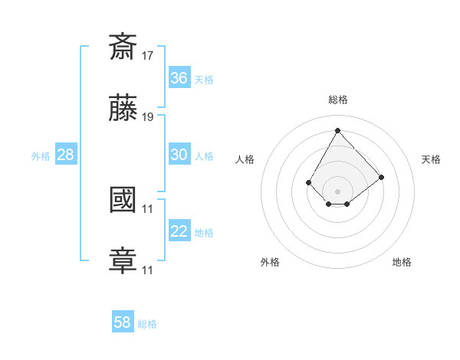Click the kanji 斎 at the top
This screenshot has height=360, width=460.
(123, 47)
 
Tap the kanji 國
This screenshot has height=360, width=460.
(123, 200)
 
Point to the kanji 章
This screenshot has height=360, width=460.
(123, 261)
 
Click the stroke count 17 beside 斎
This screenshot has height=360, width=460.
(148, 55)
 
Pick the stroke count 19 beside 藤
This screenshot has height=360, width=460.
(148, 117)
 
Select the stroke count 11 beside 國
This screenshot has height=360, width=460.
(148, 208)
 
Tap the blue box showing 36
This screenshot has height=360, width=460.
(179, 78)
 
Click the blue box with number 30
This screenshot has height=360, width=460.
(179, 155)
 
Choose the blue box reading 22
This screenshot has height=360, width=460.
(179, 231)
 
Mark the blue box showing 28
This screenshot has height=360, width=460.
(66, 155)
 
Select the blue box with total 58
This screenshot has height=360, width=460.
(123, 322)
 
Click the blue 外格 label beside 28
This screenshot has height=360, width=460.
(41, 156)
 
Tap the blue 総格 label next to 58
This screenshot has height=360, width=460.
(147, 324)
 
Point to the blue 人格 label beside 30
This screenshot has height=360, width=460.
(204, 156)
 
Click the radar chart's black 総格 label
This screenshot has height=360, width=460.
(337, 100)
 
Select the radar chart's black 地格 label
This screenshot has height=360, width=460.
(402, 262)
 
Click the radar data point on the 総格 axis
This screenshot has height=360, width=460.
(337, 129)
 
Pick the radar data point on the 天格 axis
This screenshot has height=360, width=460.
(382, 177)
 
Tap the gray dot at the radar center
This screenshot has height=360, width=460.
(337, 191)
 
